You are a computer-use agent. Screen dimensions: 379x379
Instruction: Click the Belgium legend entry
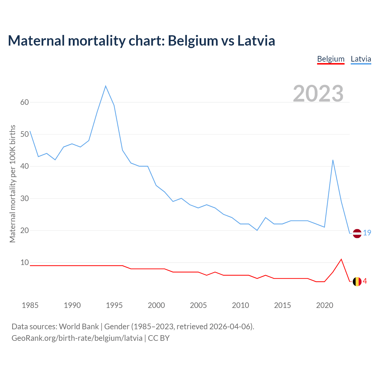[331, 59]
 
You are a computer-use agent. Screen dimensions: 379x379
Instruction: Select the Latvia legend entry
[361, 59]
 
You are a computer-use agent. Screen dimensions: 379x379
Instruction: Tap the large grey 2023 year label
[318, 94]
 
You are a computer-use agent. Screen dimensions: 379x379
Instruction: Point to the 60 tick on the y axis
[25, 102]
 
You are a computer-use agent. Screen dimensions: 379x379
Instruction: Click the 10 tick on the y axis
[25, 262]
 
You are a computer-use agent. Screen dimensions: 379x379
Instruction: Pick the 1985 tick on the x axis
[30, 305]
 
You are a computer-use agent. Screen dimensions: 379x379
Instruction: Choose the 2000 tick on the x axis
[156, 305]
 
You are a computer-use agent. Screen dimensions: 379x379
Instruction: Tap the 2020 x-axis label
[325, 305]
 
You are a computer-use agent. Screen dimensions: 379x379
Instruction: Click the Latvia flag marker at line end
[357, 233]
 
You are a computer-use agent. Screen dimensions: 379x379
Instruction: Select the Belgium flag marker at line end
[357, 281]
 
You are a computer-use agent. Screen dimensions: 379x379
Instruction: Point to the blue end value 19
[367, 233]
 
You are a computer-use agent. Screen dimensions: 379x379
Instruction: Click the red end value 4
[365, 281]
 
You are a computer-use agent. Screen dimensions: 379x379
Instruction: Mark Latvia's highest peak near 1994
[106, 86]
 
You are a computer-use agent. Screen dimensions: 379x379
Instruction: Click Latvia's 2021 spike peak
[333, 160]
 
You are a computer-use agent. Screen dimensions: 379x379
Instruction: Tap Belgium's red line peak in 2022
[341, 259]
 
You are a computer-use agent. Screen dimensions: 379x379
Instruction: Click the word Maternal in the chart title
[36, 41]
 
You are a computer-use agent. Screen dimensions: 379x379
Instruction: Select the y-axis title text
[12, 184]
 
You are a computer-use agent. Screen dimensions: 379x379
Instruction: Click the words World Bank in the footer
[79, 327]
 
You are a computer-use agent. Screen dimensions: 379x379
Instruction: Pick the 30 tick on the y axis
[25, 198]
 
